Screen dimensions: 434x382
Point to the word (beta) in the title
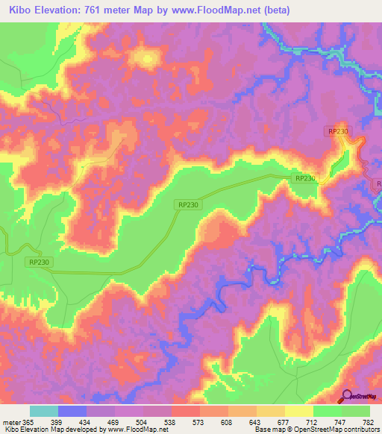(273, 10)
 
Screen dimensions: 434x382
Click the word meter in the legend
(13, 421)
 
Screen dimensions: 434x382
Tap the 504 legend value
(145, 421)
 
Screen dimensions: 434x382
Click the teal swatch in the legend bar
(44, 411)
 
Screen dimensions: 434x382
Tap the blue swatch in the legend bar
(72, 411)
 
